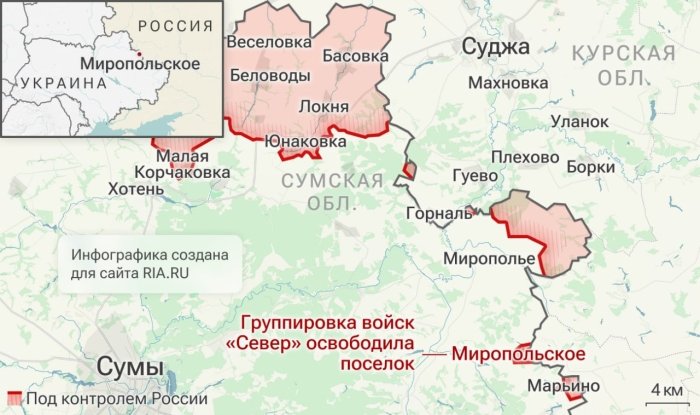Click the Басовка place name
[x=355, y=57]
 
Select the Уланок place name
[x=579, y=121]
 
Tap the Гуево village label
[x=475, y=176]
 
